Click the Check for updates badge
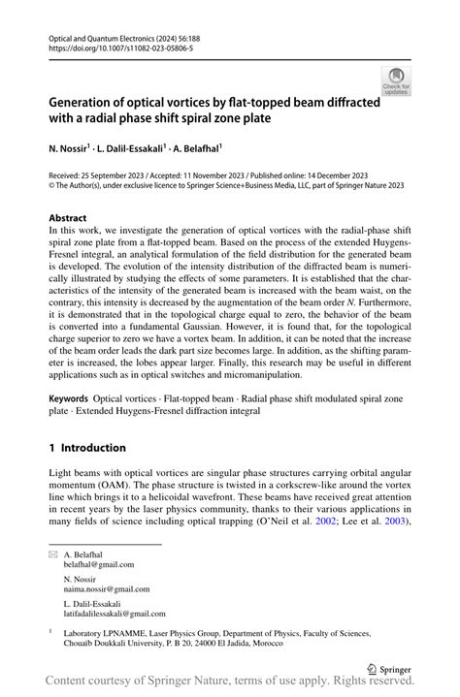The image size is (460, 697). [395, 81]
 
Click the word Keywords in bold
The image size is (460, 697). [73, 398]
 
